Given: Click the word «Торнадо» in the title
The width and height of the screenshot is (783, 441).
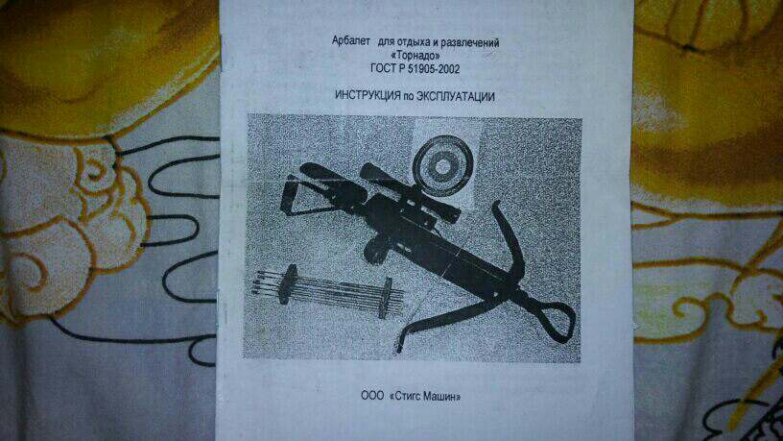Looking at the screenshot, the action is (x=415, y=56).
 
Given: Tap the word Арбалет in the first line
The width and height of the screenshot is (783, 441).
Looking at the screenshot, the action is (x=351, y=41).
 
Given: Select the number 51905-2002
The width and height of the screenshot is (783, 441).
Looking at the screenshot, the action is (x=434, y=69).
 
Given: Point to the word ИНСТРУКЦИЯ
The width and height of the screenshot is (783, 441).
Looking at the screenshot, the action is (x=368, y=95).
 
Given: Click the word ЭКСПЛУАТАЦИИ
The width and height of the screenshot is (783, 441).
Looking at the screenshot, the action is (x=456, y=96).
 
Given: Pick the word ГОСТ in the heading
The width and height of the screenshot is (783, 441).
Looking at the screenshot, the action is (x=383, y=68).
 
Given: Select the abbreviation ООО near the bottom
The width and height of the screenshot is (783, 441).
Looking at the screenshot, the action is (x=372, y=396).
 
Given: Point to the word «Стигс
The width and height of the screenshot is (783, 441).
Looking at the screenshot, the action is (x=405, y=397).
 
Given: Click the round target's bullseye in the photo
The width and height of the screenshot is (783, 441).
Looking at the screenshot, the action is (x=441, y=166).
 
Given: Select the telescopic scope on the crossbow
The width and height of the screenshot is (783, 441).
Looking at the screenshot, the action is (x=410, y=192).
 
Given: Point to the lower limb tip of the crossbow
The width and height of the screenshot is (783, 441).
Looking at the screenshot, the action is (x=399, y=346).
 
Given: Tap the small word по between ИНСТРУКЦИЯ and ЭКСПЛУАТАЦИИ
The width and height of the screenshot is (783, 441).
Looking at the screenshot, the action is (x=409, y=97).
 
